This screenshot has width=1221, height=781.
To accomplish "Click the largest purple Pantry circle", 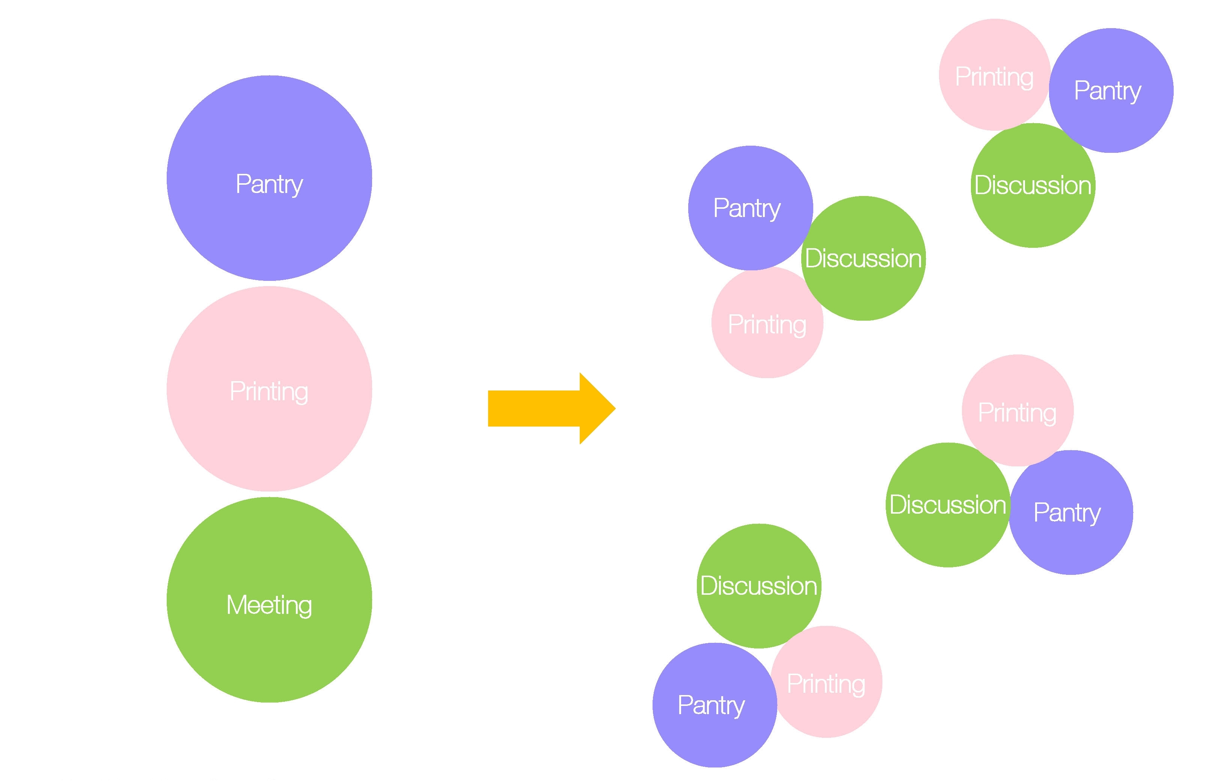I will click(x=269, y=152).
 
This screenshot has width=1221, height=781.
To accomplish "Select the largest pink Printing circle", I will click(x=269, y=355).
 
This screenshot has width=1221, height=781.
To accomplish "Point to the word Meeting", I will click(x=269, y=605).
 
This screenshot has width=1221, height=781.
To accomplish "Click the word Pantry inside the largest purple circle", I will click(x=269, y=184).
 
